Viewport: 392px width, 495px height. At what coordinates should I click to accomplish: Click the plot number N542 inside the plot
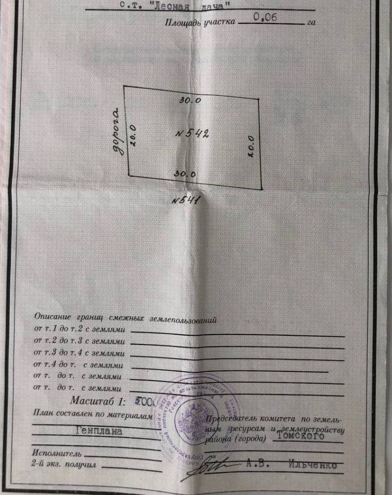[x=192, y=133]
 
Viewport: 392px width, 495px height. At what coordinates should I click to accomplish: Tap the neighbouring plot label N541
[x=186, y=200]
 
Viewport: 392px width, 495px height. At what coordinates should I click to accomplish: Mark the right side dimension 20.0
[x=251, y=147]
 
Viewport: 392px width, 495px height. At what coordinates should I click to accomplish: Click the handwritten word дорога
[x=119, y=131]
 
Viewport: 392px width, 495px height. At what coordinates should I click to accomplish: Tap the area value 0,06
[x=265, y=17]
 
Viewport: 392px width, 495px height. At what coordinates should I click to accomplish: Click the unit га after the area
[x=312, y=22]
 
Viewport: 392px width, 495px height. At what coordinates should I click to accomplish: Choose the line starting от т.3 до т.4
[x=79, y=354]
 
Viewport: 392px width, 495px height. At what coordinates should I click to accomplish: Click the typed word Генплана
[x=99, y=431]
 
